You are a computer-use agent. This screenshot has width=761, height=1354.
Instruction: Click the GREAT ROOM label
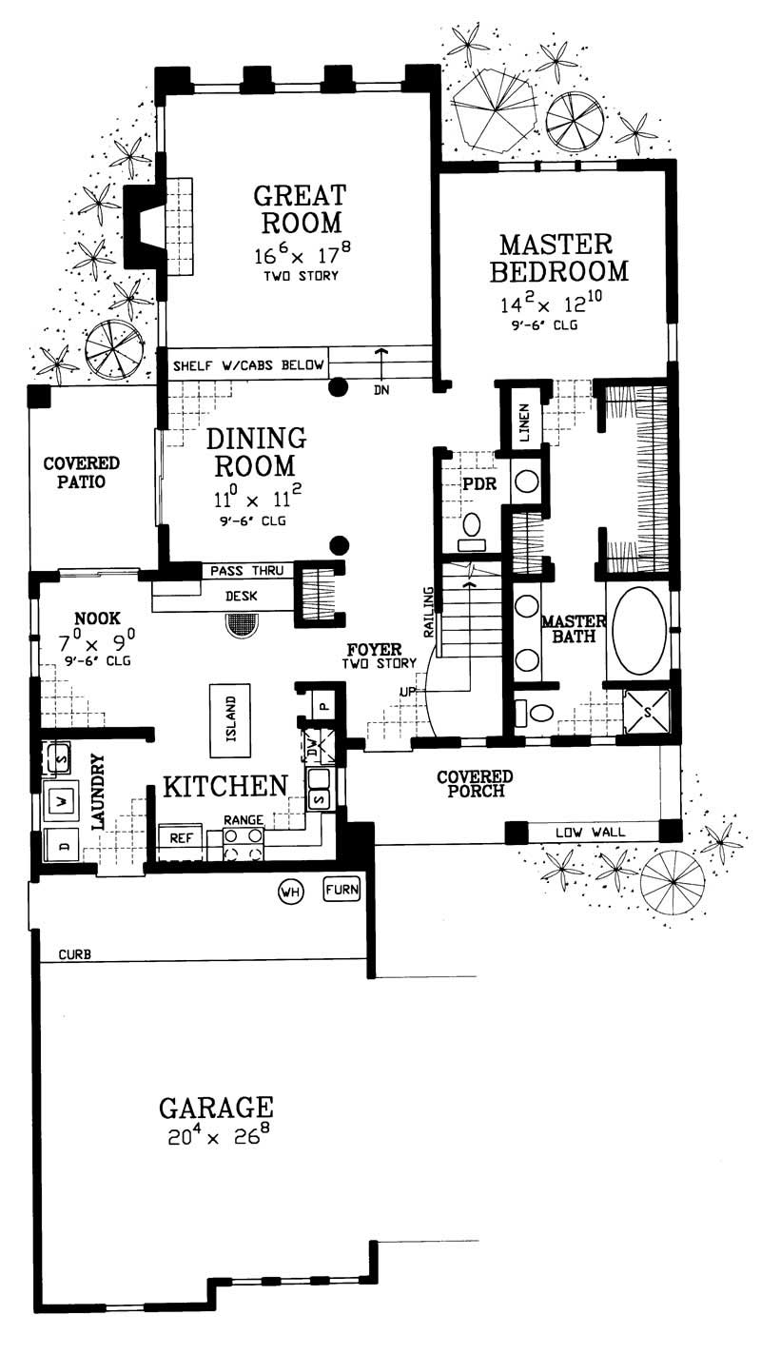(x=298, y=209)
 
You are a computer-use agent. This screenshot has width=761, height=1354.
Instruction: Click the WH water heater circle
(x=290, y=892)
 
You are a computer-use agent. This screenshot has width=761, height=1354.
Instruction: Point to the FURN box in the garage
(x=342, y=891)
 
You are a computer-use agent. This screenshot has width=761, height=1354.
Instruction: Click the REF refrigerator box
(x=180, y=837)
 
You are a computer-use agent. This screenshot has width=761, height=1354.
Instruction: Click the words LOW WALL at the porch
(x=590, y=833)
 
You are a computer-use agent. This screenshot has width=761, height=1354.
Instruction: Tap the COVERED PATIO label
(x=81, y=472)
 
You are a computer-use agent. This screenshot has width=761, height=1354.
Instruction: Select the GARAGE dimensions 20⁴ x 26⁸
(x=217, y=1138)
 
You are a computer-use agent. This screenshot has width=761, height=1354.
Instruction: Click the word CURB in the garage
(x=74, y=953)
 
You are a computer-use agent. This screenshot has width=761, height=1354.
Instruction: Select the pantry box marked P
(x=322, y=707)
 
